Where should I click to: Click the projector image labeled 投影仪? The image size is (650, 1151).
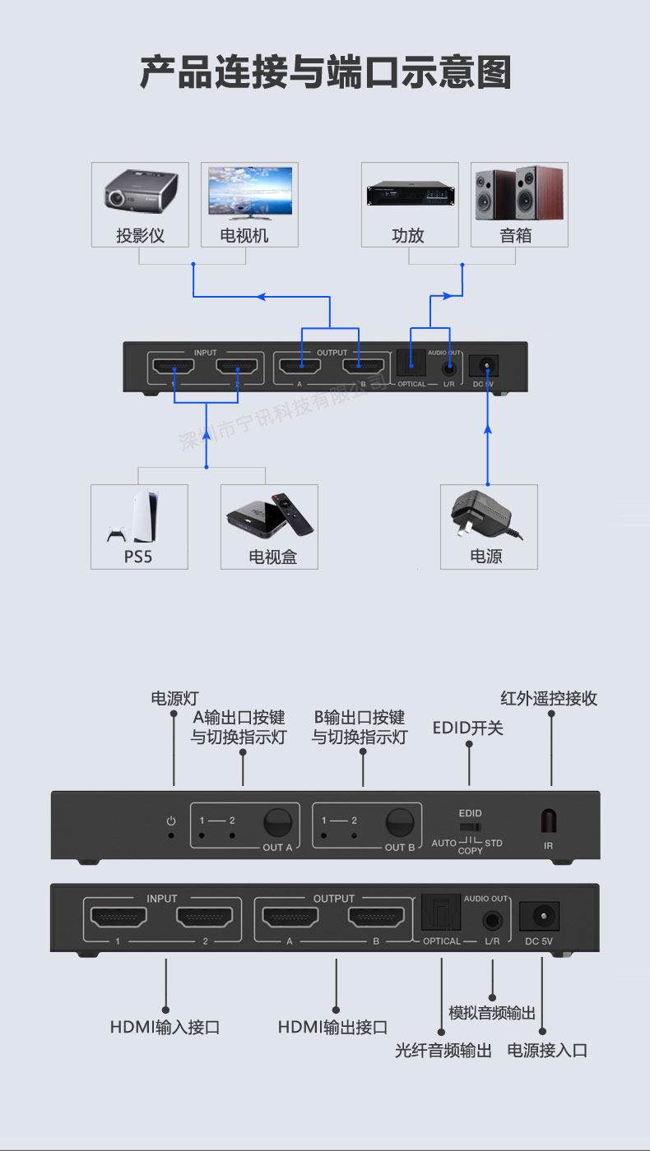(141, 192)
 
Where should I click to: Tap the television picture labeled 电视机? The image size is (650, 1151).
(249, 192)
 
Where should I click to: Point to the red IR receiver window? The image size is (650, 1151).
(548, 821)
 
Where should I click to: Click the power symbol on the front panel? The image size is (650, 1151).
(171, 820)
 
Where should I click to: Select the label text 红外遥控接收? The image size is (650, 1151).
(549, 699)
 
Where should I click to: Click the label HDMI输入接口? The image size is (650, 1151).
(165, 1027)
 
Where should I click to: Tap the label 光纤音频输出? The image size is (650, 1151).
(443, 1051)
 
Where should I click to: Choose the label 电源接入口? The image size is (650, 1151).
(547, 1051)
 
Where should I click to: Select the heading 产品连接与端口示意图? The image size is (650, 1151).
(325, 72)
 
